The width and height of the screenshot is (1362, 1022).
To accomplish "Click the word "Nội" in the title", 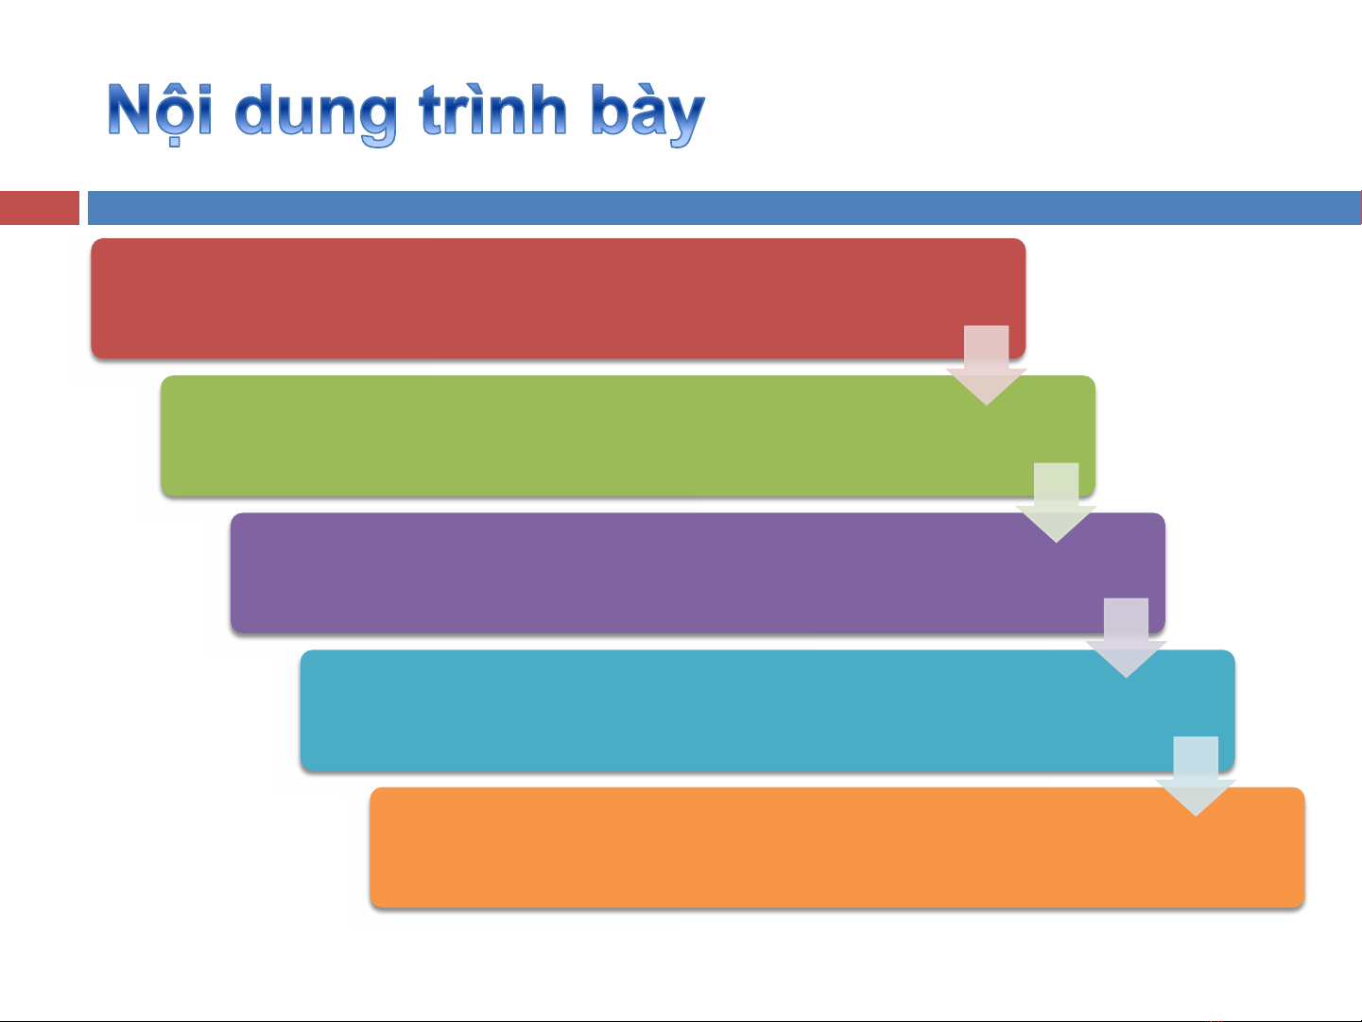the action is tap(160, 112).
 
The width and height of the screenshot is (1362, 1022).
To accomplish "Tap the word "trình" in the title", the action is tap(493, 110).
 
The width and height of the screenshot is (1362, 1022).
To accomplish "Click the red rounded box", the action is tap(558, 299).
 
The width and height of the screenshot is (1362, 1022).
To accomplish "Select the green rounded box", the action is tap(628, 436).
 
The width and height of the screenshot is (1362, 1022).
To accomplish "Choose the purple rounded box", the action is tap(698, 573).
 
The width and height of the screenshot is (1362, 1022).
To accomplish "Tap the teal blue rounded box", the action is tap(767, 710).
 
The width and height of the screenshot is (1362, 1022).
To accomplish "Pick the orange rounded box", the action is tap(837, 848).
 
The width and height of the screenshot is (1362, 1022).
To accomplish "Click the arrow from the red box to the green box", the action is tap(986, 366).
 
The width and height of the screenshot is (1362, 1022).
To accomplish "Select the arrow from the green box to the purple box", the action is tap(1056, 503).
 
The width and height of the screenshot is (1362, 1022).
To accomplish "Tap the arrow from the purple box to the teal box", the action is tap(1127, 638).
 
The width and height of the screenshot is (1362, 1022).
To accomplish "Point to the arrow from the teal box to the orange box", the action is tap(1196, 776).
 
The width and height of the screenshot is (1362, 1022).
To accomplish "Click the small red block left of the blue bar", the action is tap(40, 208).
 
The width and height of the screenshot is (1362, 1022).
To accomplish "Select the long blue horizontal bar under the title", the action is tap(724, 208).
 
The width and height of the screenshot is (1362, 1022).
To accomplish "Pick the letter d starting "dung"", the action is tap(254, 110).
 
